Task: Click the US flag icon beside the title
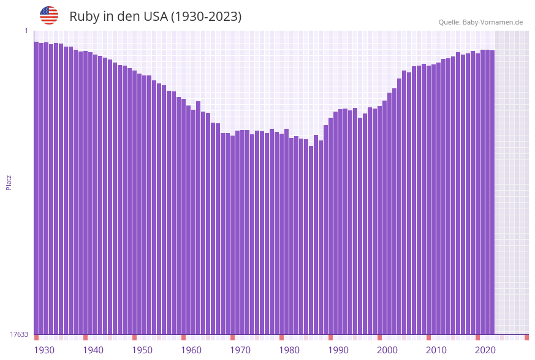(x=49, y=15)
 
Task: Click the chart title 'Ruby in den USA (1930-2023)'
(x=155, y=17)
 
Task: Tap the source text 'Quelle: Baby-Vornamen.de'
(x=480, y=22)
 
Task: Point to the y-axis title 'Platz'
(x=9, y=182)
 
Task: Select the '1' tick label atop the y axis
(x=26, y=31)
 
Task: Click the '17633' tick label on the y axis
(x=19, y=334)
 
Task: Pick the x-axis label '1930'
(x=44, y=350)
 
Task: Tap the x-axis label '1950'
(x=142, y=350)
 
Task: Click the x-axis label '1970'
(x=240, y=350)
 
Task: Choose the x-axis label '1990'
(x=338, y=350)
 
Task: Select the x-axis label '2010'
(x=436, y=350)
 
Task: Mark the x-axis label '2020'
(x=485, y=350)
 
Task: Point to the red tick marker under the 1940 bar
(x=85, y=337)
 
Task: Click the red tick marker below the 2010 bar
(x=428, y=337)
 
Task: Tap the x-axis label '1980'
(x=289, y=350)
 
